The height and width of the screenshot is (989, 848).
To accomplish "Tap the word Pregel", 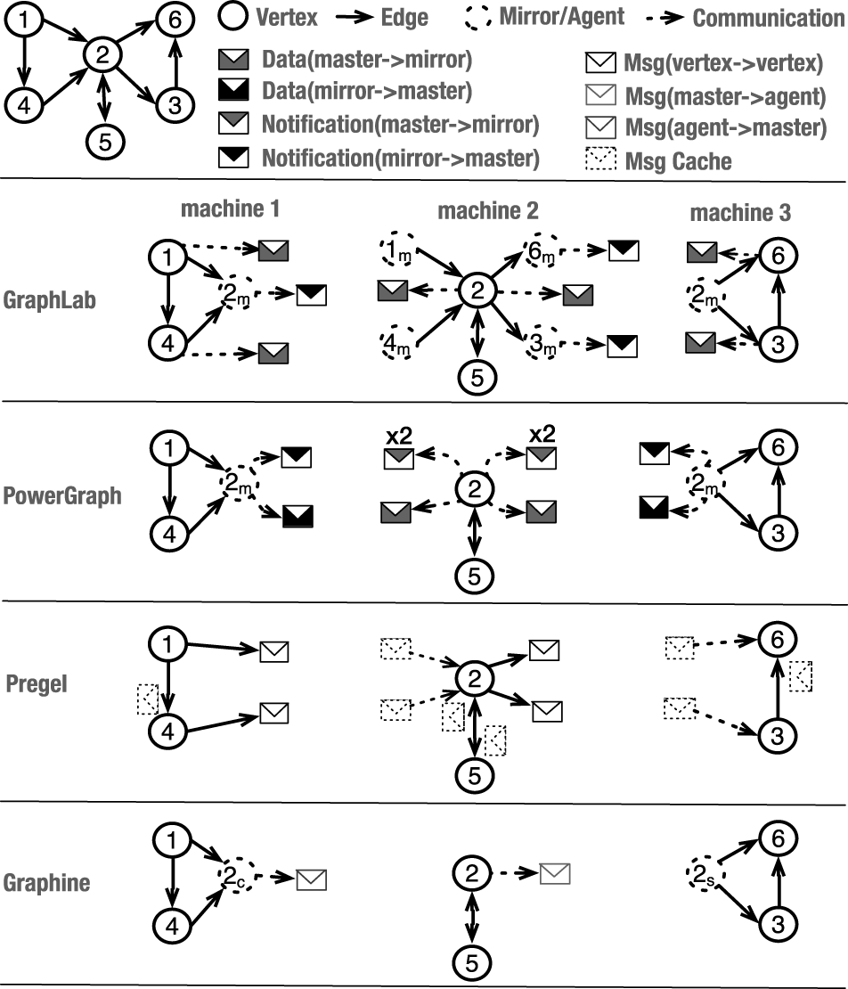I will [37, 686].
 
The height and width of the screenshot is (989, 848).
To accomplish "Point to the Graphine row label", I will [47, 883].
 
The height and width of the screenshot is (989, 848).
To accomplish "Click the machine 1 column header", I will [231, 210].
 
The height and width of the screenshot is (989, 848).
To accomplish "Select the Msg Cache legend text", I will [679, 161].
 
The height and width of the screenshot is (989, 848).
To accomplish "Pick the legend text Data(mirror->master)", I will [367, 91].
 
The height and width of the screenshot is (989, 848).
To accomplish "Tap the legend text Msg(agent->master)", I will [726, 127].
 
